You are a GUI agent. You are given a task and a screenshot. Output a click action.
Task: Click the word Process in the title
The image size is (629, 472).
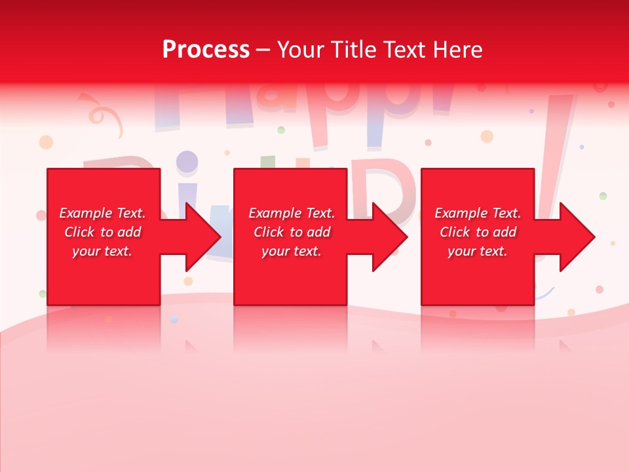pyautogui.click(x=206, y=50)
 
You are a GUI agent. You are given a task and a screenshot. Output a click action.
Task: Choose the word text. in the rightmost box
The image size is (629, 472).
pyautogui.click(x=491, y=251)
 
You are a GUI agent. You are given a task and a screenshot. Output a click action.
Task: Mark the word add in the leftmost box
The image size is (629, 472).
pyautogui.click(x=129, y=232)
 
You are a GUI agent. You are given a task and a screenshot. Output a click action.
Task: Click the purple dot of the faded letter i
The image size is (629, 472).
pyautogui.click(x=187, y=161)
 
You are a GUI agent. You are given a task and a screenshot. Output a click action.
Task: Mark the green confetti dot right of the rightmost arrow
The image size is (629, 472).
pyautogui.click(x=603, y=196)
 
